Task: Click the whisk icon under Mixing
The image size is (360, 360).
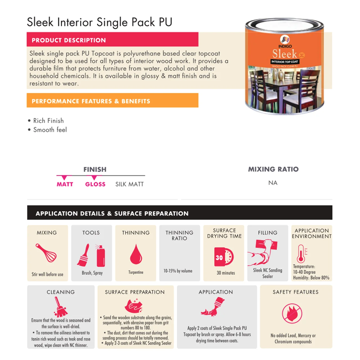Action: point(46,253)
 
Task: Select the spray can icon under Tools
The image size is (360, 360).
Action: point(100,256)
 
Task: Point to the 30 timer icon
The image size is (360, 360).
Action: point(224,257)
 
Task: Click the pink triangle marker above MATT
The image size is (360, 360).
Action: point(64,177)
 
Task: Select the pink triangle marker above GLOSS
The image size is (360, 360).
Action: point(94,177)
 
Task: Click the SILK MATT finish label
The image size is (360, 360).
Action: point(129,184)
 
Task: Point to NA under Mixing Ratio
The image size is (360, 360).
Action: point(273,183)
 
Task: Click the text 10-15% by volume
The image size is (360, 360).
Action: point(178,271)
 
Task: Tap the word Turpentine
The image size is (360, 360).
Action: point(136,272)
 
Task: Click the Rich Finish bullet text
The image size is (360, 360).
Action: point(48,121)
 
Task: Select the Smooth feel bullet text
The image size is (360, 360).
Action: point(50,130)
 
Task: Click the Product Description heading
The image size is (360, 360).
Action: point(69,40)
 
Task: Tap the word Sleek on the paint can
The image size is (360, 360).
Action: point(284,54)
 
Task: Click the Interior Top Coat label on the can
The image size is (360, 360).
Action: point(285,62)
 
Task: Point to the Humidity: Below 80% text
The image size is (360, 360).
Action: point(311,278)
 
